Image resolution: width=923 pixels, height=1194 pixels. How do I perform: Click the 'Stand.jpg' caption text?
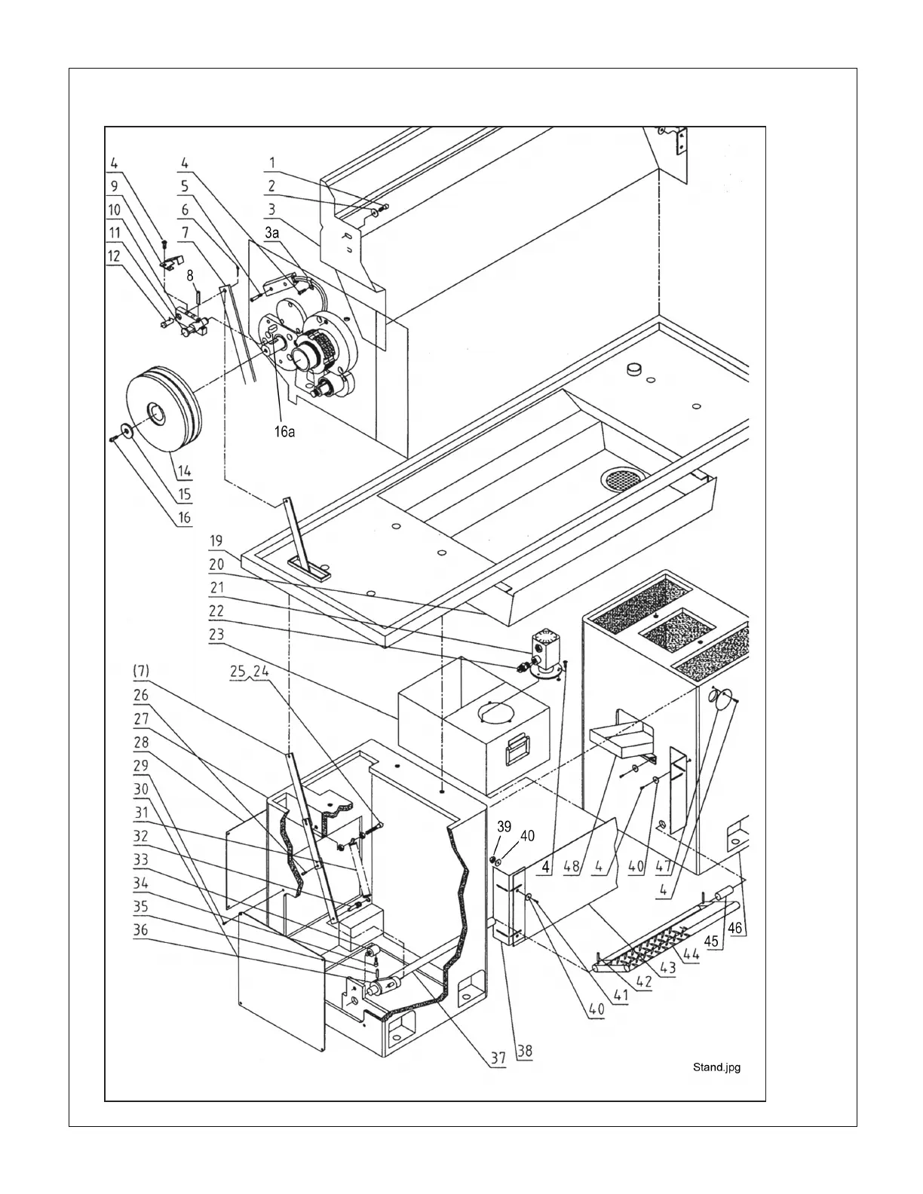716,1067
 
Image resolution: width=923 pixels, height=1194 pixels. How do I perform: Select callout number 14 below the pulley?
184,473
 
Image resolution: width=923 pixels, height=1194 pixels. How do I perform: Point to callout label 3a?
271,234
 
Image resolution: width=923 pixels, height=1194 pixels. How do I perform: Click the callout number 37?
497,1058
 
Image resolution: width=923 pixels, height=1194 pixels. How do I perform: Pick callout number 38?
524,1050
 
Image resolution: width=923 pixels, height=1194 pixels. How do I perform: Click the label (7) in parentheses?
142,670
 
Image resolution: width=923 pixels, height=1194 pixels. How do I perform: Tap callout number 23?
216,635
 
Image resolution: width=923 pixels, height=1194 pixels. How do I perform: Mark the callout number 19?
216,540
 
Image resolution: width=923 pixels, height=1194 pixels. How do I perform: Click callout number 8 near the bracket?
192,276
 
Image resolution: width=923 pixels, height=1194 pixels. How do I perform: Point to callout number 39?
504,826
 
